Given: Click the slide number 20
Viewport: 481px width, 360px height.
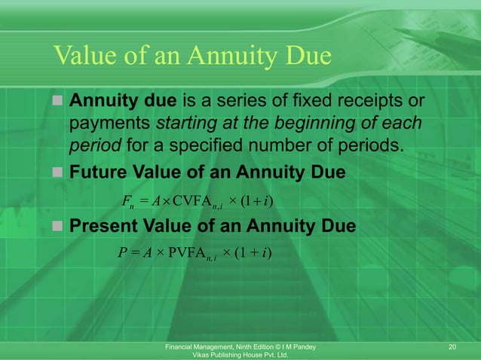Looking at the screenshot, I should point(452,346).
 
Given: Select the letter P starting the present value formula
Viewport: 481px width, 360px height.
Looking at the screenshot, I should point(122,252).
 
